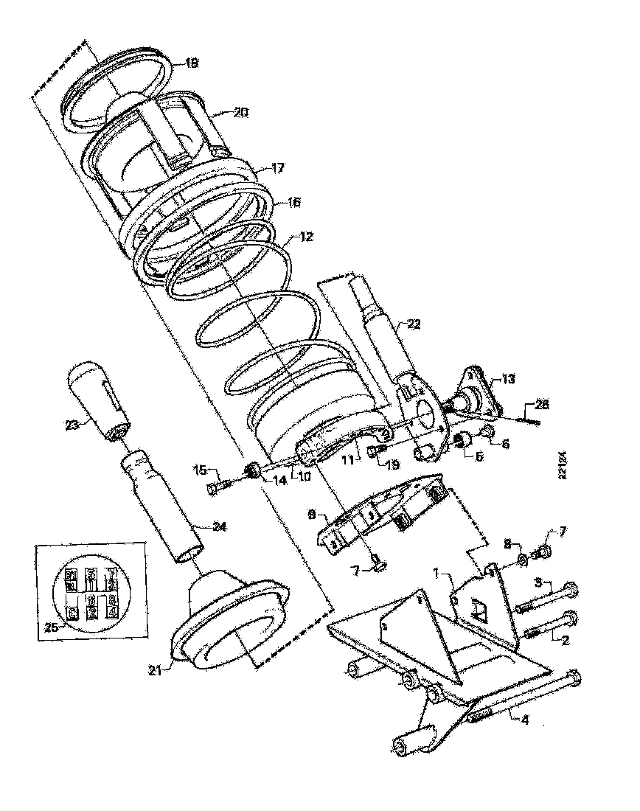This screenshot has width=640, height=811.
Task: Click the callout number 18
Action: coord(191,64)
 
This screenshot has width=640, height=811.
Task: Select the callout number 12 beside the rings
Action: coord(306,237)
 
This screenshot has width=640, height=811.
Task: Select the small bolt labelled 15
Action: coord(220,486)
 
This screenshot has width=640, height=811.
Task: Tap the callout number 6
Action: coord(505,445)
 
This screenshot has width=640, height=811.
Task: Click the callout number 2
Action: coord(566,640)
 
